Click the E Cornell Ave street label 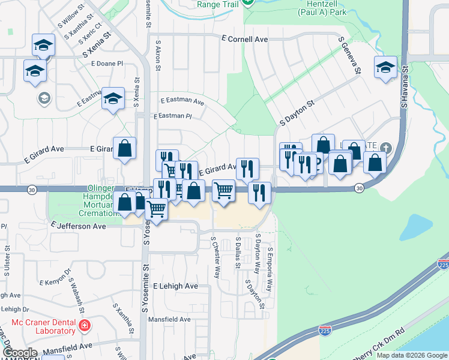244,39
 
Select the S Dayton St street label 297,113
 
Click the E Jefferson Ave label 78,226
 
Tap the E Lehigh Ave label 175,286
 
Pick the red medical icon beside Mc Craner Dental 85,326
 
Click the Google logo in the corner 20,353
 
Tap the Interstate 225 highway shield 444,264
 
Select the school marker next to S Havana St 385,68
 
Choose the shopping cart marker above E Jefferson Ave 156,210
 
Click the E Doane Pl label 107,63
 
